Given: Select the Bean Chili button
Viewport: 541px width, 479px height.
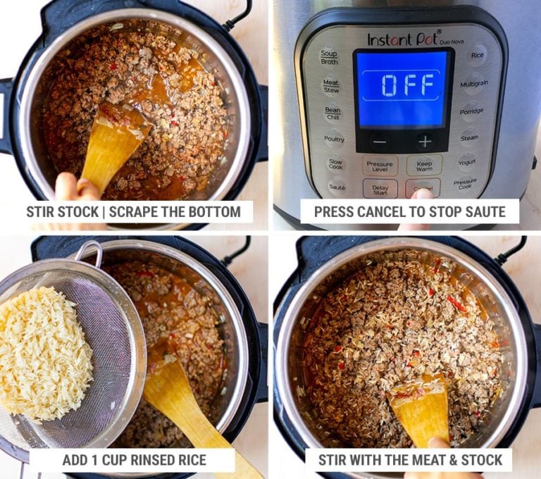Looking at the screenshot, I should (x=333, y=113).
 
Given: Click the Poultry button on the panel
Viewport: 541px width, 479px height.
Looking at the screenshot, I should (x=334, y=139).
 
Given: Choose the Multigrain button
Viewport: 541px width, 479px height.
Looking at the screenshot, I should (x=473, y=85).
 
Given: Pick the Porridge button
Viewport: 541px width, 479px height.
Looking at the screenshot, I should (x=471, y=111).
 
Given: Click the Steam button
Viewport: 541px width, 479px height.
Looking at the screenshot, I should (x=469, y=138).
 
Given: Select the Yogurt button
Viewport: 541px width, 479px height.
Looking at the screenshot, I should (x=467, y=162).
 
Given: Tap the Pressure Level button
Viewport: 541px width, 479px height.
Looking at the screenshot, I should (x=380, y=166).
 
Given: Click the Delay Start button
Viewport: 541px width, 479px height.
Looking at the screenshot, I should (x=380, y=189).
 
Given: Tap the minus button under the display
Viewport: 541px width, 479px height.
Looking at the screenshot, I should (x=379, y=141).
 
